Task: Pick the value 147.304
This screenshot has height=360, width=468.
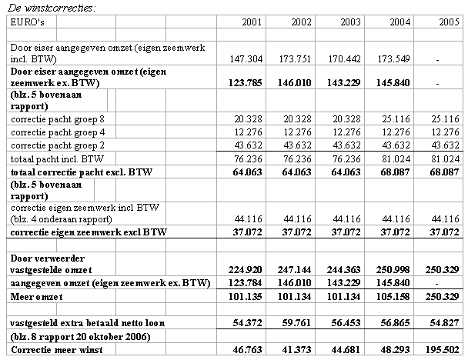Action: [x=247, y=58]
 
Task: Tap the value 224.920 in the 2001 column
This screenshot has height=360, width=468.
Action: [x=247, y=270]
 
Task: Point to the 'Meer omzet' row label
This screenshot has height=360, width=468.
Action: [x=35, y=298]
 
